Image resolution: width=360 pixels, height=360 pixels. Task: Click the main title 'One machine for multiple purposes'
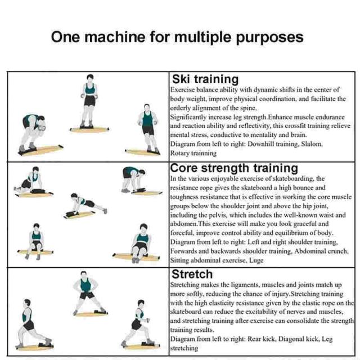(177, 37)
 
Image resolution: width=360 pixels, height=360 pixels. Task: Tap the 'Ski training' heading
(205, 79)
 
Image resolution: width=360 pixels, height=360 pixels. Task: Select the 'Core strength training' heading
(234, 168)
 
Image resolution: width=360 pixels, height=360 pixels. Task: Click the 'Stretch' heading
(192, 274)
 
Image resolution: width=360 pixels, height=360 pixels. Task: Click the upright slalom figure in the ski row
(89, 103)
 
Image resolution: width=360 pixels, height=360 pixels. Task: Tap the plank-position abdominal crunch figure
(85, 206)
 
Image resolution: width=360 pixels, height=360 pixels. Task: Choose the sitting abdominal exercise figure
(35, 241)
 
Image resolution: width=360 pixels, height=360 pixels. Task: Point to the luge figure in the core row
(138, 244)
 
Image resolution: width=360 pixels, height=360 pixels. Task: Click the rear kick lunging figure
(34, 325)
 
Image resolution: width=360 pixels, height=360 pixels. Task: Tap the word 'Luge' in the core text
(256, 260)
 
